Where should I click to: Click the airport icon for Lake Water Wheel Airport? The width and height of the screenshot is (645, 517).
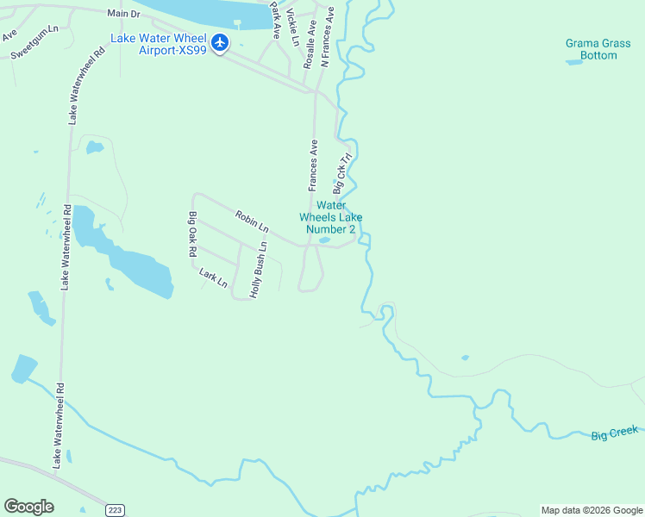pyautogui.click(x=220, y=42)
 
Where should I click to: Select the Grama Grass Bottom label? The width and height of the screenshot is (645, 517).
pyautogui.click(x=592, y=49)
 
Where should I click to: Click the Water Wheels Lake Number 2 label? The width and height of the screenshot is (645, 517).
pyautogui.click(x=331, y=217)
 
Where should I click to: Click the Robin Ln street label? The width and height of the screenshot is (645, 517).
pyautogui.click(x=252, y=221)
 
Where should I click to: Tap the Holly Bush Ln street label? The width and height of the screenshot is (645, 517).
pyautogui.click(x=259, y=270)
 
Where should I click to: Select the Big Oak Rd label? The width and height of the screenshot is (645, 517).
pyautogui.click(x=193, y=234)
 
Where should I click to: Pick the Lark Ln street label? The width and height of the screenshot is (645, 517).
pyautogui.click(x=213, y=277)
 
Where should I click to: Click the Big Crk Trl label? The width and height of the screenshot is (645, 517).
pyautogui.click(x=343, y=174)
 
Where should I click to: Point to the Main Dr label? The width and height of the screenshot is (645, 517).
pyautogui.click(x=123, y=14)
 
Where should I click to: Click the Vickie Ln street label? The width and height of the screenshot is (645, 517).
pyautogui.click(x=293, y=28)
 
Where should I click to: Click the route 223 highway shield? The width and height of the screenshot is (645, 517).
pyautogui.click(x=115, y=510)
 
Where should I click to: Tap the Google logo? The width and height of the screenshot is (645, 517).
pyautogui.click(x=28, y=507)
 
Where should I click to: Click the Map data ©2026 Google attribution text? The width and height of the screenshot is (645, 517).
pyautogui.click(x=591, y=510)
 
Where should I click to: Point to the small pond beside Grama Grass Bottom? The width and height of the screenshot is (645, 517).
pyautogui.click(x=573, y=62)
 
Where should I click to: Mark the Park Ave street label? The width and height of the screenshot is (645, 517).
pyautogui.click(x=276, y=19)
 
